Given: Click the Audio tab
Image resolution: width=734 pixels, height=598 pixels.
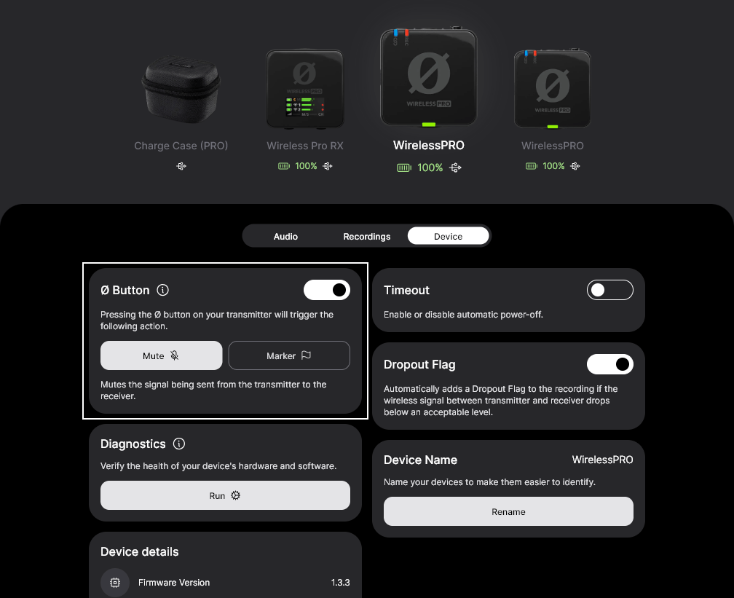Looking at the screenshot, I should pyautogui.click(x=285, y=236).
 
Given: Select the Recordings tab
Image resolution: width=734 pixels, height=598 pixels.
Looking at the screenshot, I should pyautogui.click(x=367, y=236).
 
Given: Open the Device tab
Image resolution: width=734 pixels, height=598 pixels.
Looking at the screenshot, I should pyautogui.click(x=448, y=236).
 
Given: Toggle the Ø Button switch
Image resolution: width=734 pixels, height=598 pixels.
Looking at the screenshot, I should pyautogui.click(x=327, y=290).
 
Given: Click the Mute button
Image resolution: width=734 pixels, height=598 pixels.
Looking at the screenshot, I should pyautogui.click(x=161, y=355).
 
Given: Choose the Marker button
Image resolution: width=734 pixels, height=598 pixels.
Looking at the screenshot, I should pyautogui.click(x=289, y=355).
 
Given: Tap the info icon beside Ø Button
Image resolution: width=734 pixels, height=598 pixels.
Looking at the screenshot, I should pyautogui.click(x=163, y=290).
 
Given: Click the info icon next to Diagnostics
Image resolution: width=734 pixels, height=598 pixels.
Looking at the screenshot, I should pyautogui.click(x=179, y=444).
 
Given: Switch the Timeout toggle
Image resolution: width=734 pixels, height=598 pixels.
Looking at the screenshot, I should pyautogui.click(x=609, y=290).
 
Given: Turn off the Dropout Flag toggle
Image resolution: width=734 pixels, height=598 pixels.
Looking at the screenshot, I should pyautogui.click(x=609, y=364).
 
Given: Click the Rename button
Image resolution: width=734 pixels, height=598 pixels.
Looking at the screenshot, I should pyautogui.click(x=508, y=511).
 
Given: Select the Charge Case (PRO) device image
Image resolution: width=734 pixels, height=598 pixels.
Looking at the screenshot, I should pyautogui.click(x=181, y=87).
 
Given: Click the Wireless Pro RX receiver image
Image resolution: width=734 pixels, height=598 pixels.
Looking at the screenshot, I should pyautogui.click(x=304, y=87).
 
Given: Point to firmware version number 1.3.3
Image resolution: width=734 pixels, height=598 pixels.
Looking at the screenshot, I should pyautogui.click(x=340, y=583).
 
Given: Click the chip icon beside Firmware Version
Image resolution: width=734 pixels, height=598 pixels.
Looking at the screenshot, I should pyautogui.click(x=114, y=583).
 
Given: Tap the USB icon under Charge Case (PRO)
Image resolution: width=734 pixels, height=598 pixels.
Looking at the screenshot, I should pyautogui.click(x=181, y=166).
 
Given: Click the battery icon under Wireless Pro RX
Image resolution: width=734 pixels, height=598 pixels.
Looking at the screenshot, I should pyautogui.click(x=284, y=166).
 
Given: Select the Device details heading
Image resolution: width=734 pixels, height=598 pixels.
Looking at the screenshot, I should pyautogui.click(x=139, y=551).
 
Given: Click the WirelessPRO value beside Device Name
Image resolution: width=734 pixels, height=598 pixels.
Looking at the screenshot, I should pyautogui.click(x=602, y=460).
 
